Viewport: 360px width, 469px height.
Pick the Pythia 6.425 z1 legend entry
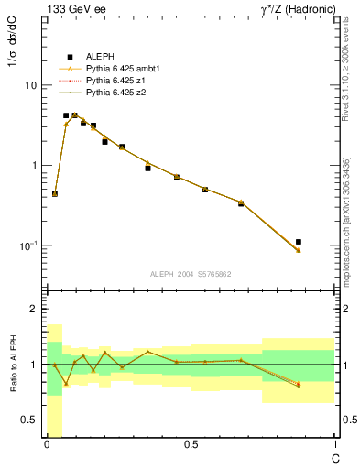point(115,81)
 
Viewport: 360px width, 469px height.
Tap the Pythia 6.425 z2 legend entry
point(115,93)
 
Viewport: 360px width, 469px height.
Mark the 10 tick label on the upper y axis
point(30,85)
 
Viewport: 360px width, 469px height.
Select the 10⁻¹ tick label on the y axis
point(27,245)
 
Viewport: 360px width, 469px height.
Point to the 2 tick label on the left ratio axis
point(33,309)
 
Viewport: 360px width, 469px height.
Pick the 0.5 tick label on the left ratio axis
point(28,420)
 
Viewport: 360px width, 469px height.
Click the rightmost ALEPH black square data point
point(298,242)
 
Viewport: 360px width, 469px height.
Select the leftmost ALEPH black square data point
point(55,194)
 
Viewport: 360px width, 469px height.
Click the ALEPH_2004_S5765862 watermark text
point(190,274)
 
